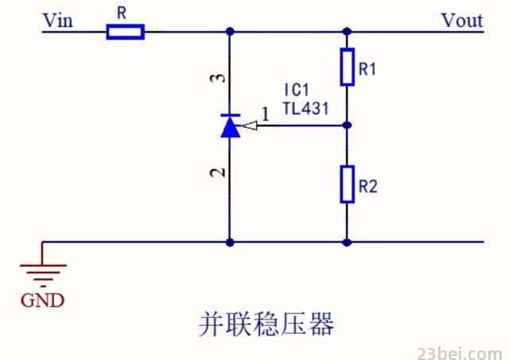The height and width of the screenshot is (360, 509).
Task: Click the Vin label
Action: coord(58,21)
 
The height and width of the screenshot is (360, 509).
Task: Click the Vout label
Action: coord(462,21)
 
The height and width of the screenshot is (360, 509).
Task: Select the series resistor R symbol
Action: coord(126,32)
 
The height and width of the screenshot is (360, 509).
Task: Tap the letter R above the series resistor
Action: coord(122,13)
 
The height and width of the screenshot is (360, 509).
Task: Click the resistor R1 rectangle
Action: coord(347,67)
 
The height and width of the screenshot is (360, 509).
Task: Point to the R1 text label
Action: coord(367,69)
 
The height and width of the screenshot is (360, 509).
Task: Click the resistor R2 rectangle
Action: coord(347,184)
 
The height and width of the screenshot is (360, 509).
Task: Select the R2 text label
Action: coord(367,187)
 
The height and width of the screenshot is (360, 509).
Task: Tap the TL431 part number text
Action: coord(305,108)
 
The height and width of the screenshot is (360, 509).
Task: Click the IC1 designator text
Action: coord(297,90)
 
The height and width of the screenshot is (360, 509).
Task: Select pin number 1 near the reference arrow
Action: coord(266,114)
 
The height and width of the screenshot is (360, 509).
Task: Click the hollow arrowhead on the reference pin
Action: coord(249,126)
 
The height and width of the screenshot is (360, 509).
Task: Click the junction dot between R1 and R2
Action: coord(347,126)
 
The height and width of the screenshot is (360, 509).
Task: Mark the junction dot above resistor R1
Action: coord(347,32)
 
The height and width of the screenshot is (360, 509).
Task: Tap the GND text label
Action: coord(42,300)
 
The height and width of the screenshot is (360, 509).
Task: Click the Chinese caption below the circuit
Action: coord(266,324)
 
